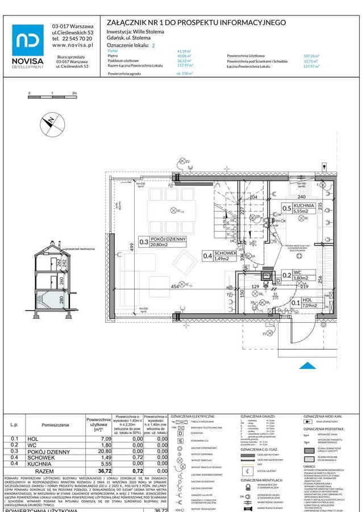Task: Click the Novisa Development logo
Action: [x=27, y=46]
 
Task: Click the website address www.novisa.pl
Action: [x=72, y=44]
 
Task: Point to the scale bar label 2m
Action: [x=74, y=92]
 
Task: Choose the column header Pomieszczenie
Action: [x=55, y=424]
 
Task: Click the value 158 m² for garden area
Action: [x=184, y=74]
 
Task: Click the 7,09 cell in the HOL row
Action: [x=105, y=439]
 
